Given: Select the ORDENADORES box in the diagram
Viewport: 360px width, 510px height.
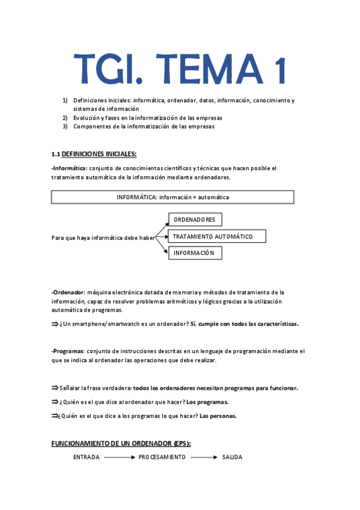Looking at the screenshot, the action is (194, 220).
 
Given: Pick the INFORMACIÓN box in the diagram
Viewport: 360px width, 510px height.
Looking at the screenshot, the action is (194, 253).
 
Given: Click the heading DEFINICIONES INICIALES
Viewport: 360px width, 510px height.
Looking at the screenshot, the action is (99, 154).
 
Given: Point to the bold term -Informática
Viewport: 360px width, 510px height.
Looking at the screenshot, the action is (70, 168).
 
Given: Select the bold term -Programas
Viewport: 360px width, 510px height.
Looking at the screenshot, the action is (69, 351).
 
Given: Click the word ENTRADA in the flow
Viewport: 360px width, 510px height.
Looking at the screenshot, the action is (87, 457).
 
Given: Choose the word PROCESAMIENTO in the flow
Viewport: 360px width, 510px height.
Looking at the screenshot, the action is (162, 457).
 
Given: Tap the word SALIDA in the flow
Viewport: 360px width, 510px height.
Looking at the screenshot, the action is (232, 457).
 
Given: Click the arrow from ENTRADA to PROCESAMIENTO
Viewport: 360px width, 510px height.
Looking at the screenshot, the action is (118, 457).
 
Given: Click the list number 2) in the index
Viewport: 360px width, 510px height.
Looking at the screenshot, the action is (66, 118).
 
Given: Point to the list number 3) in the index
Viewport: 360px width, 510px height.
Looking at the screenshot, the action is (66, 126).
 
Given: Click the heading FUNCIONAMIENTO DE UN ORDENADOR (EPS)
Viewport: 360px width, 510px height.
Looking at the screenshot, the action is (121, 443).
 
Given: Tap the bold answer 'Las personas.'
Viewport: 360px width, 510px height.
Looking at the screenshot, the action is (218, 416).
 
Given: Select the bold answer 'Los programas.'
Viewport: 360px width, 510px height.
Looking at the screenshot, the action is (207, 402).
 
